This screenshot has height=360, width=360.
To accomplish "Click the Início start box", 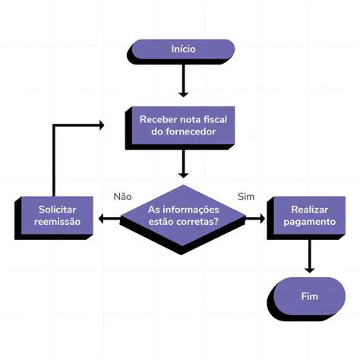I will click(183, 49).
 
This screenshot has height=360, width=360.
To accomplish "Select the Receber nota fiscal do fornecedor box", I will click(183, 125).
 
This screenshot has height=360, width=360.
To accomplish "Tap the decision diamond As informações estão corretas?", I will click(183, 216).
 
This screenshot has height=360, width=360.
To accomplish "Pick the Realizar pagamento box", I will click(309, 216).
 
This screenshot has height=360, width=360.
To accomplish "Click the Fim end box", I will click(309, 296).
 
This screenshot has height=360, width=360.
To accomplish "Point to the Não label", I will click(122, 196).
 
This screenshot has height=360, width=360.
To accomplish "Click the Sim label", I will click(246, 196).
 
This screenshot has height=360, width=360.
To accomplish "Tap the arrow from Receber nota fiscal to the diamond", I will click(183, 163).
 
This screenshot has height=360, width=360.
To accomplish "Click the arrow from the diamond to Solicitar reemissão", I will click(111, 219).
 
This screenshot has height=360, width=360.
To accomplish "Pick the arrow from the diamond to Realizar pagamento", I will click(254, 219).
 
